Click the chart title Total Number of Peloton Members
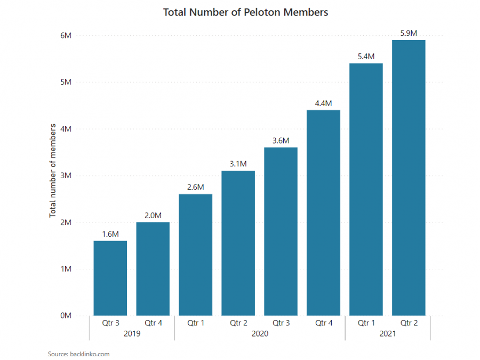pos(245,12)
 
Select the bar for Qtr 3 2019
pos(110,278)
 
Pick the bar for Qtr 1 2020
pos(196,254)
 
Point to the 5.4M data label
pos(366,56)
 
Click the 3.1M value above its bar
pos(238,164)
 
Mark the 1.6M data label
pos(110,234)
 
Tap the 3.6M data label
pos(281,140)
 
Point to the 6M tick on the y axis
pos(66,36)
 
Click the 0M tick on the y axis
pos(66,316)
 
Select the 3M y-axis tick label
pos(66,175)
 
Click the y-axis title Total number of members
pos(53,170)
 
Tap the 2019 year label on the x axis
pos(132,334)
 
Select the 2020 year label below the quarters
pos(260,334)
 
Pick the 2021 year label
pos(387,334)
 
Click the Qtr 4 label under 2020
pos(324,323)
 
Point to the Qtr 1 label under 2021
pos(366,323)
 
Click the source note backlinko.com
pos(78,354)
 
